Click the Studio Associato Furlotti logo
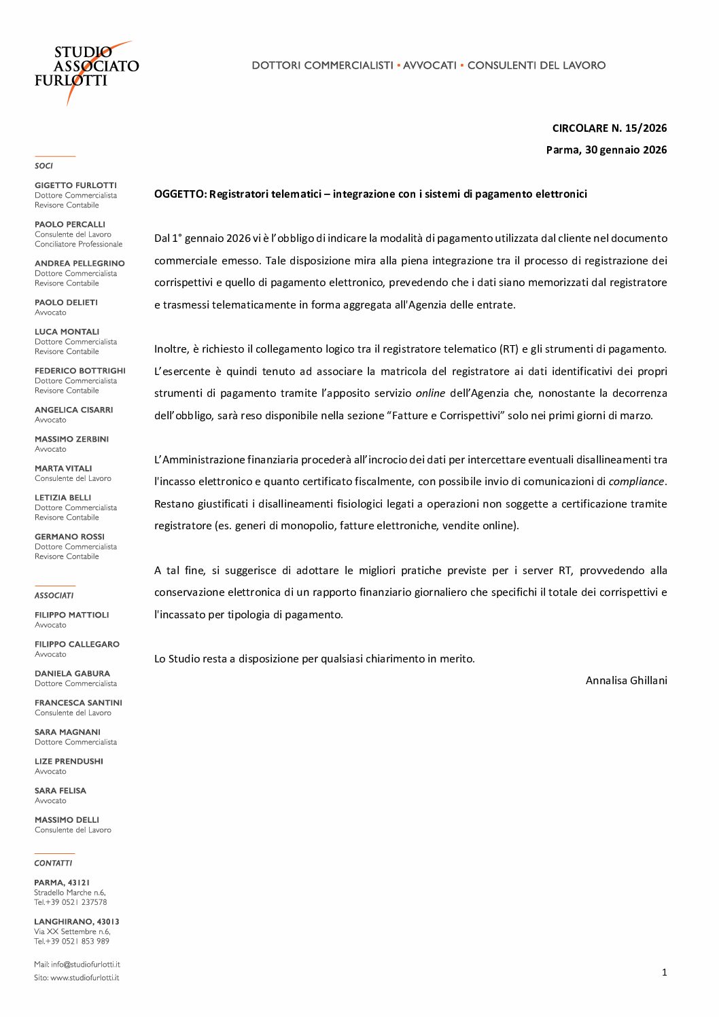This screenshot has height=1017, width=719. pos(86,71)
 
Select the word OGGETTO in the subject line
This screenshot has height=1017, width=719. pos(179,194)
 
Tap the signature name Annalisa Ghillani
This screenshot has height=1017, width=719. pos(626,680)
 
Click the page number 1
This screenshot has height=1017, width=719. pos(664,972)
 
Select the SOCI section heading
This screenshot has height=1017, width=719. pos(43,166)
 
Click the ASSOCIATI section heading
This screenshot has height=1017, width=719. pos(54,595)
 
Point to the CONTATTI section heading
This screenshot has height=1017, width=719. pos(53,863)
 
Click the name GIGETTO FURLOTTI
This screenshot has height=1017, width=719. pos(75,185)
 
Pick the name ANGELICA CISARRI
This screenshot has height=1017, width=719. pos(73,410)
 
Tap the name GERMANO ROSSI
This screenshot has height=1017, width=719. pos(69,537)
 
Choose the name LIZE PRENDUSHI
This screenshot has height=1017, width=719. pos(69,762)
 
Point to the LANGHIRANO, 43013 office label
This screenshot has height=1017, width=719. pos(76,922)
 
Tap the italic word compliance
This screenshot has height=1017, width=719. pos(636,482)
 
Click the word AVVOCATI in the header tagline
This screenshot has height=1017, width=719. pos(429,65)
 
